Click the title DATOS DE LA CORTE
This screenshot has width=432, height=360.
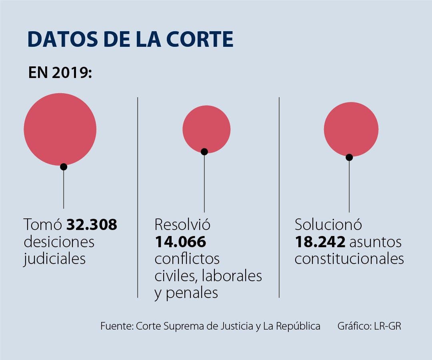click(130, 39)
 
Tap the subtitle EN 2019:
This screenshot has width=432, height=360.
click(60, 73)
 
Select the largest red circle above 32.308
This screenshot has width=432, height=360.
click(60, 129)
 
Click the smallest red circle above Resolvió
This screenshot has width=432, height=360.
click(206, 129)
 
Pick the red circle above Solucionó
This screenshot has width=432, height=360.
click(351, 129)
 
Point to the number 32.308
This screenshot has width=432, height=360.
click(92, 225)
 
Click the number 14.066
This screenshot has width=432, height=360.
click(180, 242)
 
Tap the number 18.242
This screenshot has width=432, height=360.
click(320, 242)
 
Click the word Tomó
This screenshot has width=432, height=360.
click(43, 225)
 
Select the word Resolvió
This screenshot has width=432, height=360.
click(182, 225)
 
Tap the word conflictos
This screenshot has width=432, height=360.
click(187, 259)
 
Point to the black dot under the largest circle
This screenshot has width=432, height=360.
click(64, 167)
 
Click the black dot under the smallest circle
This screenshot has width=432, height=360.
click(204, 152)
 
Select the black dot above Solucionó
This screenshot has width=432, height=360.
click(349, 157)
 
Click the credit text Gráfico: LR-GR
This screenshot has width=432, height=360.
click(369, 326)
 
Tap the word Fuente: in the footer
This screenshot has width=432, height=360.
click(117, 326)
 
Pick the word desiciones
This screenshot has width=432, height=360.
click(59, 242)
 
